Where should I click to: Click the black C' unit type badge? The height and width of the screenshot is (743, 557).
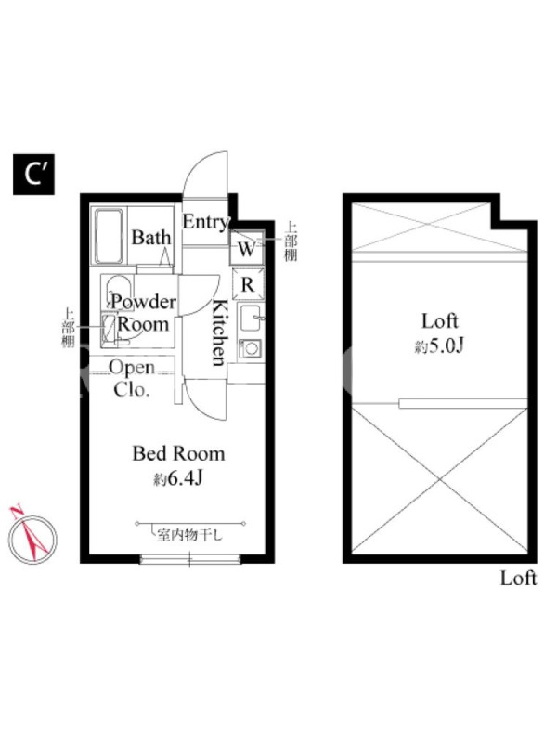[33, 175]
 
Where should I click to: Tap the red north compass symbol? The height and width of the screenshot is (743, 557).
[32, 536]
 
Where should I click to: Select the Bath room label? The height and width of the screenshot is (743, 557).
[151, 238]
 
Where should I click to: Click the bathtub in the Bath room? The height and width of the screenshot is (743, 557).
[110, 236]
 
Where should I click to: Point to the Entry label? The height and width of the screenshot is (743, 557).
[206, 222]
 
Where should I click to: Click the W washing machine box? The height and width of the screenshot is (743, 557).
[246, 248]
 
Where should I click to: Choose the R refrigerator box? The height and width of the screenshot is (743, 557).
[248, 284]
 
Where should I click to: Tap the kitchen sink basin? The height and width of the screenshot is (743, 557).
[251, 318]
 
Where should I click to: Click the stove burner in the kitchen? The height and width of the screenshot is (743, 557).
[250, 349]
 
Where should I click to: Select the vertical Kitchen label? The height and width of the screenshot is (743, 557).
[219, 332]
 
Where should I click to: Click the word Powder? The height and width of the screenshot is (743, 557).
[144, 302]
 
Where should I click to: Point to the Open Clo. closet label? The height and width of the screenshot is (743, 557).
[132, 379]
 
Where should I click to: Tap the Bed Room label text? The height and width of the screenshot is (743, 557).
[178, 453]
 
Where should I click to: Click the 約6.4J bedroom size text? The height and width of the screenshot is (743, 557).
[178, 479]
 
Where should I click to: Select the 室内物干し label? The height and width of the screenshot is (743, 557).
[189, 536]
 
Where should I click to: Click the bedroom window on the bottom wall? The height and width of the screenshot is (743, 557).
[190, 560]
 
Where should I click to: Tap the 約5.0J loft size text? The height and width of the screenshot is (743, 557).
[439, 346]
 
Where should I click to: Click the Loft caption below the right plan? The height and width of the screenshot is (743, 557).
[519, 579]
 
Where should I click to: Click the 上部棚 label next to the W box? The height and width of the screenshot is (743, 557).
[291, 241]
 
